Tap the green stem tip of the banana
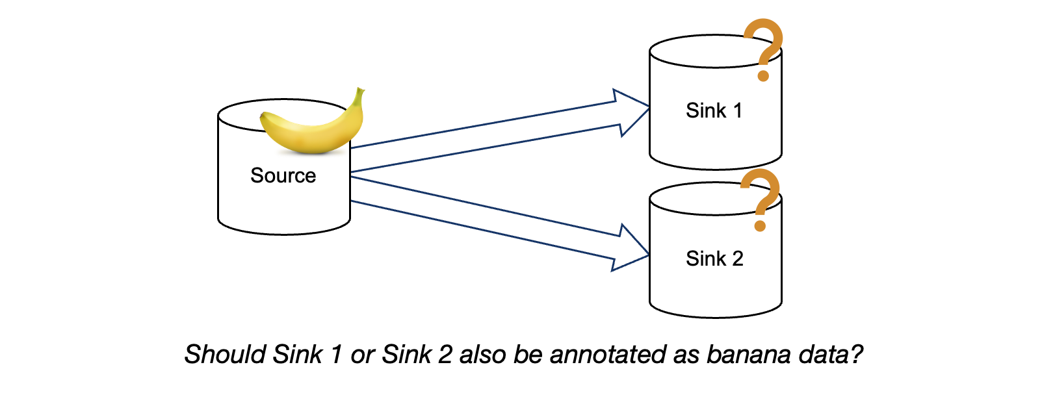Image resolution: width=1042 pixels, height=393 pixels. coord(359,91)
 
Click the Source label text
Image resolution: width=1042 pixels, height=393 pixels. coord(283,175)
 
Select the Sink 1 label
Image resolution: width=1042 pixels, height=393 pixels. coord(714,110)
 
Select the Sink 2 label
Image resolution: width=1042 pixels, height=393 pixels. coord(714,259)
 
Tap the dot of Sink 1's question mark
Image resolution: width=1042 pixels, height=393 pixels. coord(764,76)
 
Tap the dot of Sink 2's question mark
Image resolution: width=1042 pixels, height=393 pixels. coord(760,226)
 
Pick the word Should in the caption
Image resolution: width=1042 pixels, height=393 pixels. coord(226,355)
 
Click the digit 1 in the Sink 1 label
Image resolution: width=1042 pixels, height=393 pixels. coord(737,110)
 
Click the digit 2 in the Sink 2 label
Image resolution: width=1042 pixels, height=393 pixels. coord(737,259)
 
